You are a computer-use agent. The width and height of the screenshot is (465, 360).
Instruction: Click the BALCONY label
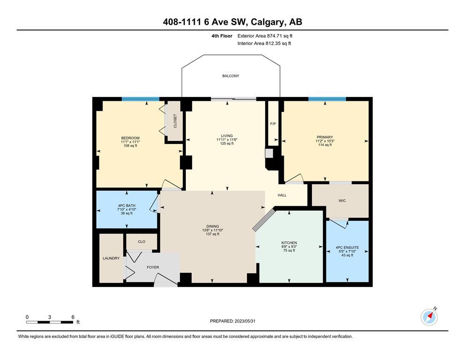[231, 76]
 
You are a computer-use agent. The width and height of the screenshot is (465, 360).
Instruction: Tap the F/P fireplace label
[273, 124]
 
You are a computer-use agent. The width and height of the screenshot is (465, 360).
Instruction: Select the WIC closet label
[342, 201]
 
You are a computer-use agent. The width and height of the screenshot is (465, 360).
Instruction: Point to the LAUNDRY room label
[111, 258]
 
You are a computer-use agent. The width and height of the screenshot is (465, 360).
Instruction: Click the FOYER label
[153, 267]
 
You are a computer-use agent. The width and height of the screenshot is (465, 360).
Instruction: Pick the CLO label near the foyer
[141, 241]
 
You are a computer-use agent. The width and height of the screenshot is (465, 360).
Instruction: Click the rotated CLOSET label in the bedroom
[175, 121]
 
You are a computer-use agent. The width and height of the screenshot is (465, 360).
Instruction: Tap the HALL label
[282, 195]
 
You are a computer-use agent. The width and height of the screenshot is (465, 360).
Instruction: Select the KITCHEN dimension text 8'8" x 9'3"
[289, 247]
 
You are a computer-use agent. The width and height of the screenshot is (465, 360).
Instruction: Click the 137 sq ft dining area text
[212, 234]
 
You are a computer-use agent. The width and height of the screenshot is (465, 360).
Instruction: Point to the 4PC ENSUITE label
[347, 247]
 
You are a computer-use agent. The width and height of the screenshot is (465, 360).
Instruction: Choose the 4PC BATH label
[126, 206]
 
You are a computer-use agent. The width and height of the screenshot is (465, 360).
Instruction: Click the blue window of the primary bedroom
[327, 99]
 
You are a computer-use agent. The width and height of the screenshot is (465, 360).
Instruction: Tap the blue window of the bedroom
[140, 99]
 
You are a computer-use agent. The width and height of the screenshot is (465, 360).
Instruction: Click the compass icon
[429, 317]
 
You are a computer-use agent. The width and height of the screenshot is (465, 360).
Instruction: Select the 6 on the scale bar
[73, 317]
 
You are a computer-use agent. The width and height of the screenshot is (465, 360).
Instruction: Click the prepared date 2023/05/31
[245, 321]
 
